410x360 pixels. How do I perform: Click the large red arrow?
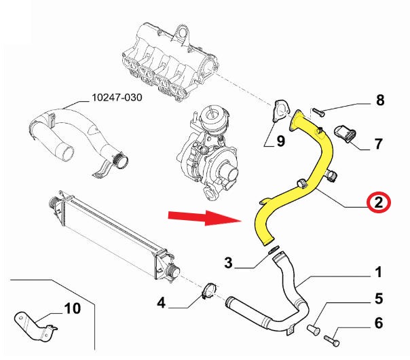click(204, 217)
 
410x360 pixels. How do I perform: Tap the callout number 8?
click(380, 101)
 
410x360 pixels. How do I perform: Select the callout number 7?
click(378, 143)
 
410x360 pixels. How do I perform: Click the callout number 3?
click(229, 262)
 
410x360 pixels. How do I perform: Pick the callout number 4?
click(161, 302)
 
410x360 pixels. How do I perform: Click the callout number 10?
click(72, 309)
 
